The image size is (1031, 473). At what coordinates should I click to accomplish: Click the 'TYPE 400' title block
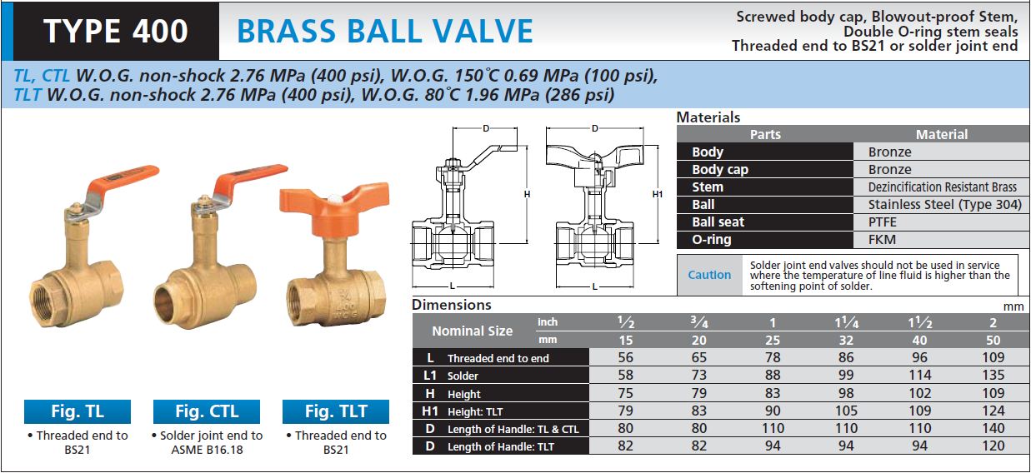(x=116, y=32)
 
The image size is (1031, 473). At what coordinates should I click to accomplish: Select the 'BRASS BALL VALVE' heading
(x=385, y=32)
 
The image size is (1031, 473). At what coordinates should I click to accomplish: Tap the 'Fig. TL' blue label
(x=78, y=411)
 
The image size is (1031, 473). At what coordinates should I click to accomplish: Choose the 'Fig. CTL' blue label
(x=207, y=411)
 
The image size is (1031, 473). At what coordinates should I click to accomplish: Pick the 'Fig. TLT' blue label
(x=336, y=411)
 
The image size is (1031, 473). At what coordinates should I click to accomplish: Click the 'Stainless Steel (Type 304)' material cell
(x=944, y=205)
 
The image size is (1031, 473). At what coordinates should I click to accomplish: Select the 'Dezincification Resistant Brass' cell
(x=942, y=187)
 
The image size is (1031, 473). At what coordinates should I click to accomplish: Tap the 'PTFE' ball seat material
(x=883, y=222)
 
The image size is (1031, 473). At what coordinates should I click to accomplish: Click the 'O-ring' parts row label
(x=712, y=240)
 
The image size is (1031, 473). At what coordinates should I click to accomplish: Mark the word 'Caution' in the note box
(x=709, y=275)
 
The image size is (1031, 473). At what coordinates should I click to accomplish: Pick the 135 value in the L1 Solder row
(x=993, y=375)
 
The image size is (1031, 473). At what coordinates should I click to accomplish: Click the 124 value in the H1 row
(x=993, y=411)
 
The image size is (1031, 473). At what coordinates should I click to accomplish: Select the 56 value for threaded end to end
(x=625, y=357)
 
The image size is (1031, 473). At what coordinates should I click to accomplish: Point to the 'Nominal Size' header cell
(x=473, y=331)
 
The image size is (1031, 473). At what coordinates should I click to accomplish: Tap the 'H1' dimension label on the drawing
(x=658, y=194)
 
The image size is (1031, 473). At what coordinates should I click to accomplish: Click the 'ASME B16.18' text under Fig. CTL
(x=208, y=450)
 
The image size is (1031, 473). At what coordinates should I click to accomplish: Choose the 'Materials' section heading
(x=708, y=117)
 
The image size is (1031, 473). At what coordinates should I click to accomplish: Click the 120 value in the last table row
(x=993, y=446)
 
